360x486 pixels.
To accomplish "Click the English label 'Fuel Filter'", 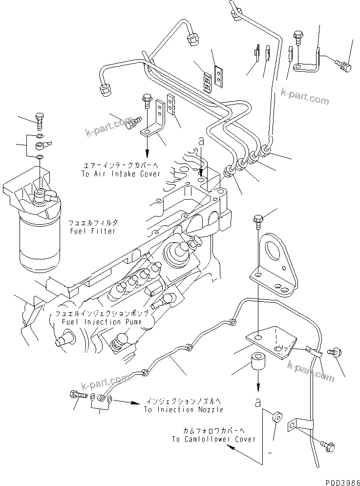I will click(92, 231).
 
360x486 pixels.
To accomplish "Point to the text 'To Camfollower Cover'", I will click(213, 439).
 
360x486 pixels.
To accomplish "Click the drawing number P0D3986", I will click(340, 480).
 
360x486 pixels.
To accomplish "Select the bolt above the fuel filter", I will click(39, 119).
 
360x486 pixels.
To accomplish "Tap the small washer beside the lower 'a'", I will click(276, 417).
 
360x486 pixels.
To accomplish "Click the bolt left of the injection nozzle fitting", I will click(79, 394).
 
